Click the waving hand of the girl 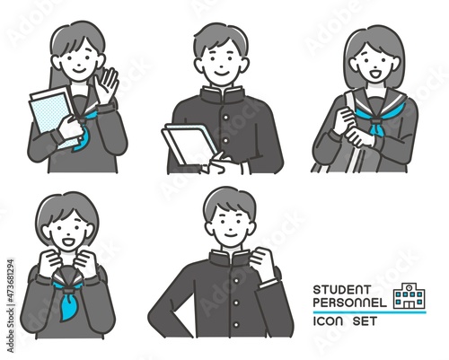[106, 84]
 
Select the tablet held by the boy [189, 145]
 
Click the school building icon [409, 296]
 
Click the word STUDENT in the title [342, 290]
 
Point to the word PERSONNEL [350, 303]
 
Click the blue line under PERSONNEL [369, 312]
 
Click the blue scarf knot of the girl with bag [376, 127]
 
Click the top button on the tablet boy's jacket [226, 117]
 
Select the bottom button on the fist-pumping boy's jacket [236, 325]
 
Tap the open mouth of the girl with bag [374, 74]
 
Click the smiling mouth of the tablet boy [221, 73]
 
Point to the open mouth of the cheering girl [67, 241]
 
